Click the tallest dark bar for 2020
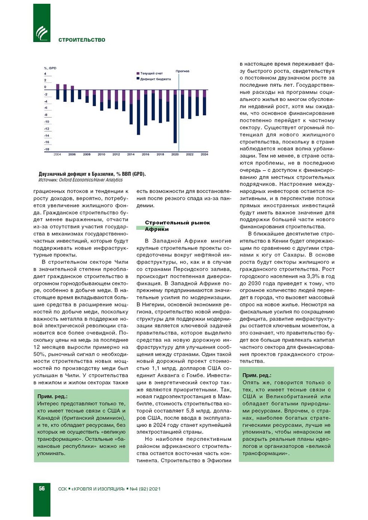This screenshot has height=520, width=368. coord(175,120)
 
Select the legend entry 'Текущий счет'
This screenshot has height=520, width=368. coord(151,73)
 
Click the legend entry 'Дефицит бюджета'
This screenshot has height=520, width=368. coord(155,79)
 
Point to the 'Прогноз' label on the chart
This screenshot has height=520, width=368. coord(182,71)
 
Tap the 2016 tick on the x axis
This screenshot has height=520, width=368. coord(145,154)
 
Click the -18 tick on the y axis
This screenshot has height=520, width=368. coord(47,149)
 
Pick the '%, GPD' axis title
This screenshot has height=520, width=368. coord(50,68)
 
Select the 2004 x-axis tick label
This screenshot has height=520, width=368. coord(57,154)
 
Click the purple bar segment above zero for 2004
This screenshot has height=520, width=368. coord(57,87)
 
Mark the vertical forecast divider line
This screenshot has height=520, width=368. coord(179,113)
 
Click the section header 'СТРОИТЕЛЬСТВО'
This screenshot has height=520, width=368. coord(82,40)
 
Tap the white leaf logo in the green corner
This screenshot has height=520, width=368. coord(42,33)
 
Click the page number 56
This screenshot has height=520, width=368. coord(42,488)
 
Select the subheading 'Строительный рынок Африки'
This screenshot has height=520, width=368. coord(177,226)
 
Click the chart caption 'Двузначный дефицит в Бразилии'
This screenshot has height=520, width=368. coord(92,174)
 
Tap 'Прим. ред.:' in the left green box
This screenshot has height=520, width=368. coord(53,396)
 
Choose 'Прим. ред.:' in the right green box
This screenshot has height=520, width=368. coord(256,375)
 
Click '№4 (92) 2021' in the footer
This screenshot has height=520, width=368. coord(145,489)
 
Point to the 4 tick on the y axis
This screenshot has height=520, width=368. coord(45,74)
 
